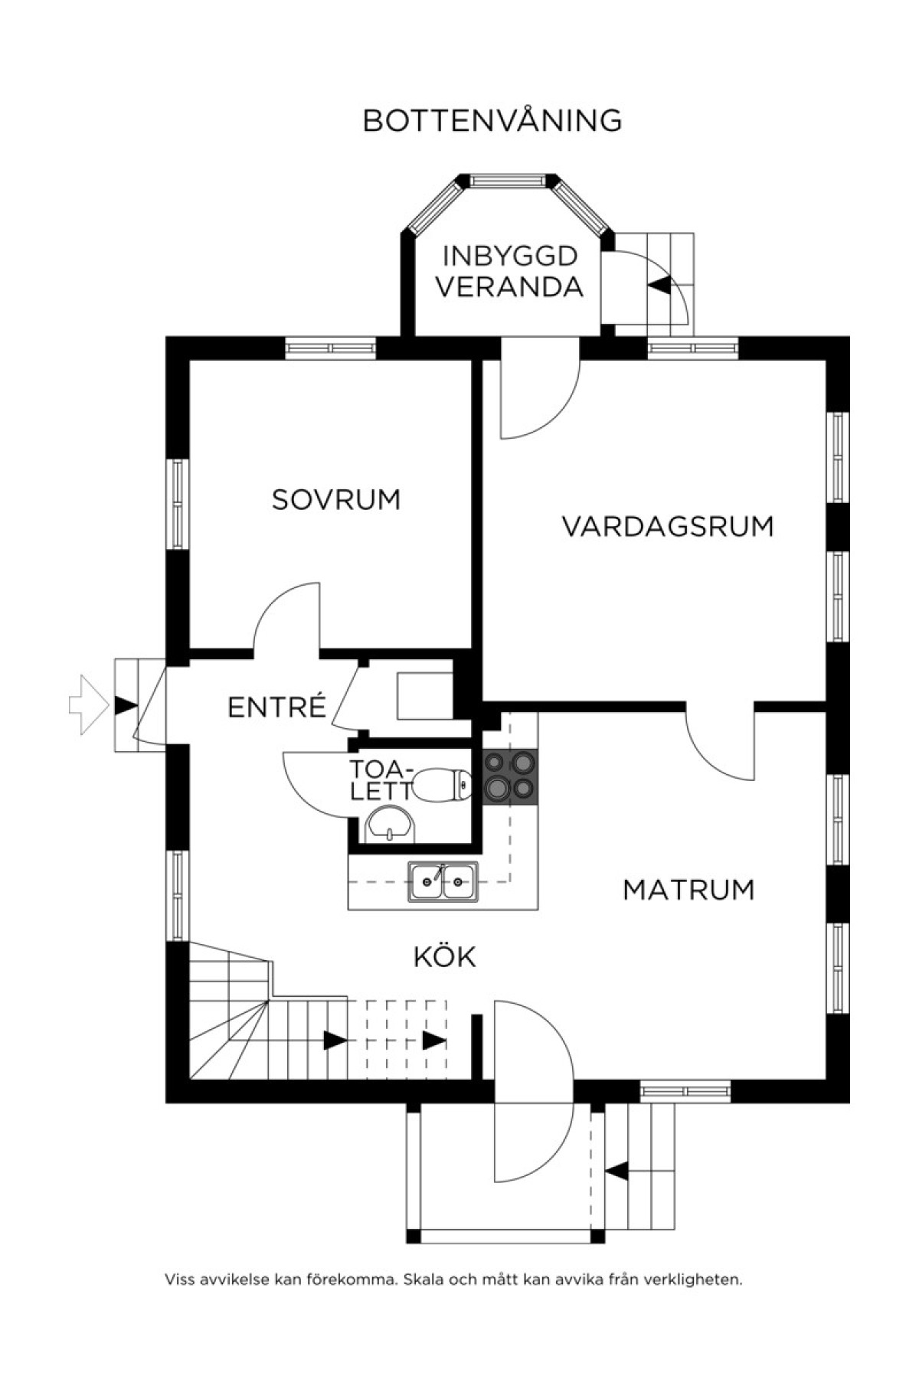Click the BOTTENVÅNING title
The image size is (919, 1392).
point(492,120)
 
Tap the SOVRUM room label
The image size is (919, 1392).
point(336,500)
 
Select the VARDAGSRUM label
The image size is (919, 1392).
point(668,527)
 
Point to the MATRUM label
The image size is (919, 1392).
point(688,890)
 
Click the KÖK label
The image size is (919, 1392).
point(445,956)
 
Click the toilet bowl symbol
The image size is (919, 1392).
point(443,785)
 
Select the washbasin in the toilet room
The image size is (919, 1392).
point(391,824)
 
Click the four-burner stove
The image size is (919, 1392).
point(510,776)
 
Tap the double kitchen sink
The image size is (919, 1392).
point(443,881)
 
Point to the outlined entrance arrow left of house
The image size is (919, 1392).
point(89,705)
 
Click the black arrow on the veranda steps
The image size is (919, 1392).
point(659,286)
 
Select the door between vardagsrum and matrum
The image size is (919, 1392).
point(720,742)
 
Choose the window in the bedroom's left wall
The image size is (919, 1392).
point(178,505)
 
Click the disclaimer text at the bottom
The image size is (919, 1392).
point(453,1279)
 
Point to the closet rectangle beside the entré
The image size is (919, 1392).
point(426,696)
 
